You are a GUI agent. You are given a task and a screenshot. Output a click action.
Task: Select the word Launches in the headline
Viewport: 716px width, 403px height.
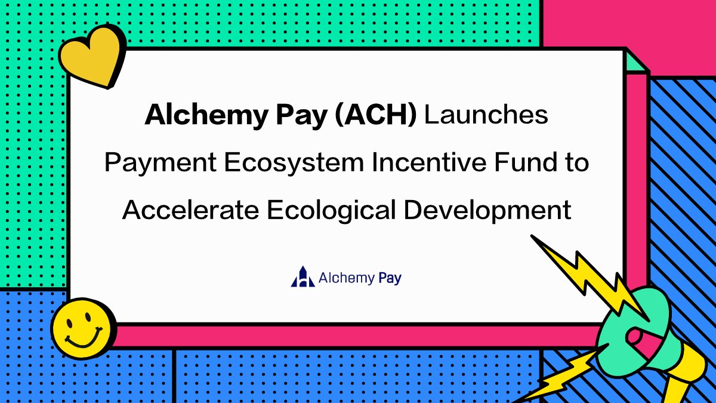pos(486,115)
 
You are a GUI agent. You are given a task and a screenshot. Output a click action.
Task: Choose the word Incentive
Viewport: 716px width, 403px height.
pos(421,162)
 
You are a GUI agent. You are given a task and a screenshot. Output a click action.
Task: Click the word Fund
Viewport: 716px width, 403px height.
pos(524,162)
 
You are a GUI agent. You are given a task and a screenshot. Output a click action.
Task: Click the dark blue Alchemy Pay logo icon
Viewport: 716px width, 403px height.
pos(302,276)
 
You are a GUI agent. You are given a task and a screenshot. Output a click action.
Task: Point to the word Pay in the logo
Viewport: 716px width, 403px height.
pos(390,278)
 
